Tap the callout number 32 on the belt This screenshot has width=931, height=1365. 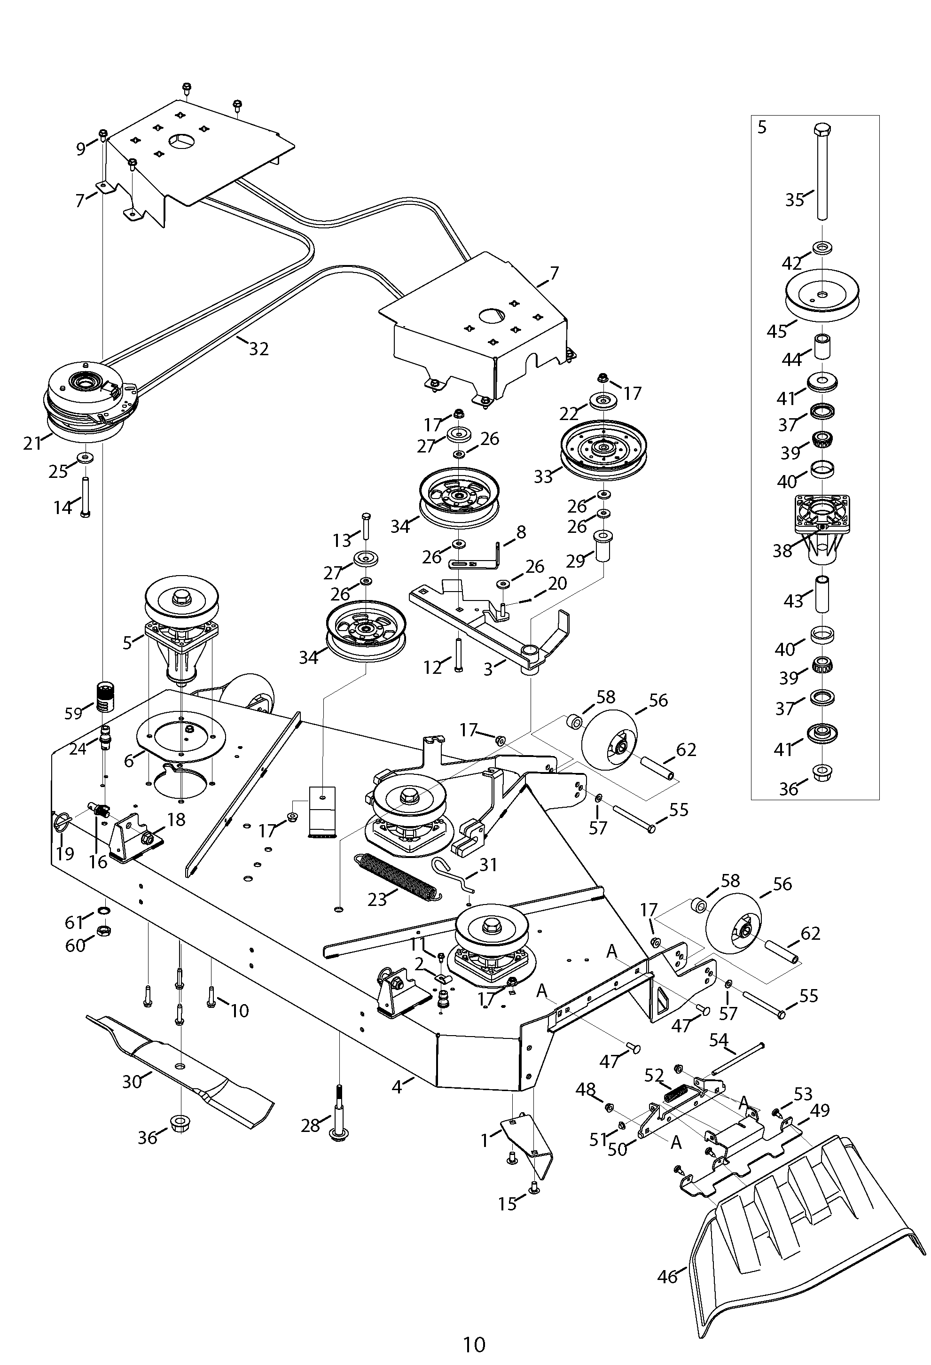pyautogui.click(x=258, y=349)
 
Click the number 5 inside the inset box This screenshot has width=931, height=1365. pyautogui.click(x=762, y=127)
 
